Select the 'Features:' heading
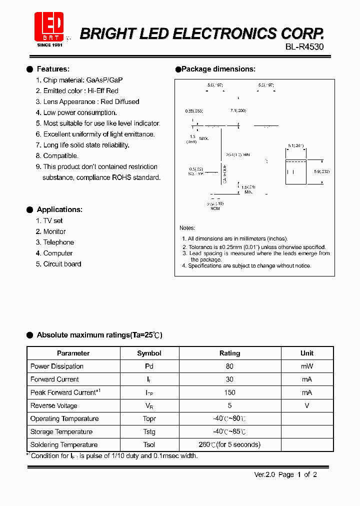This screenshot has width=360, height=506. click(53, 69)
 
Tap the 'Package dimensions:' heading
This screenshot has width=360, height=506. click(218, 69)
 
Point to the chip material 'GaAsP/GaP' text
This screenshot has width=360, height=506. click(104, 80)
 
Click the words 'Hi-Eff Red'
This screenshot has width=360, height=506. click(103, 91)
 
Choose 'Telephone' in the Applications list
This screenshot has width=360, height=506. click(58, 242)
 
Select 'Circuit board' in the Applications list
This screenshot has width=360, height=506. click(62, 264)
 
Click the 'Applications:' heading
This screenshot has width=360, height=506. click(59, 209)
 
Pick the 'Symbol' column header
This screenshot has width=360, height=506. click(149, 353)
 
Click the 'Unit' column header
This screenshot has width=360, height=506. click(307, 353)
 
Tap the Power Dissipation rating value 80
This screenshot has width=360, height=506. click(229, 366)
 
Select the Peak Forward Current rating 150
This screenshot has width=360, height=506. click(229, 392)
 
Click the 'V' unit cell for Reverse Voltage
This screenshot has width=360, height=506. click(307, 405)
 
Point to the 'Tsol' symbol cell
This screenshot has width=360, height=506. click(149, 444)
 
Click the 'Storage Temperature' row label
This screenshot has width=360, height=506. click(61, 431)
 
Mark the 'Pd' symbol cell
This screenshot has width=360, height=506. click(149, 366)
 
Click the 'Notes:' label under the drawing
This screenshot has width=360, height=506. click(187, 228)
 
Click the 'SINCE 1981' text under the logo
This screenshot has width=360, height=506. click(50, 44)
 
